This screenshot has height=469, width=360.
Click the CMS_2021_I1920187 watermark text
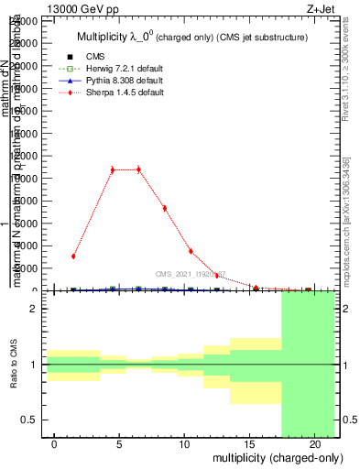(x=190, y=274)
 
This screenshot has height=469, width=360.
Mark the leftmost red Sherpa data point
(x=73, y=256)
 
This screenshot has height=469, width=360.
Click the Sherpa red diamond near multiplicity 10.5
(x=191, y=251)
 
